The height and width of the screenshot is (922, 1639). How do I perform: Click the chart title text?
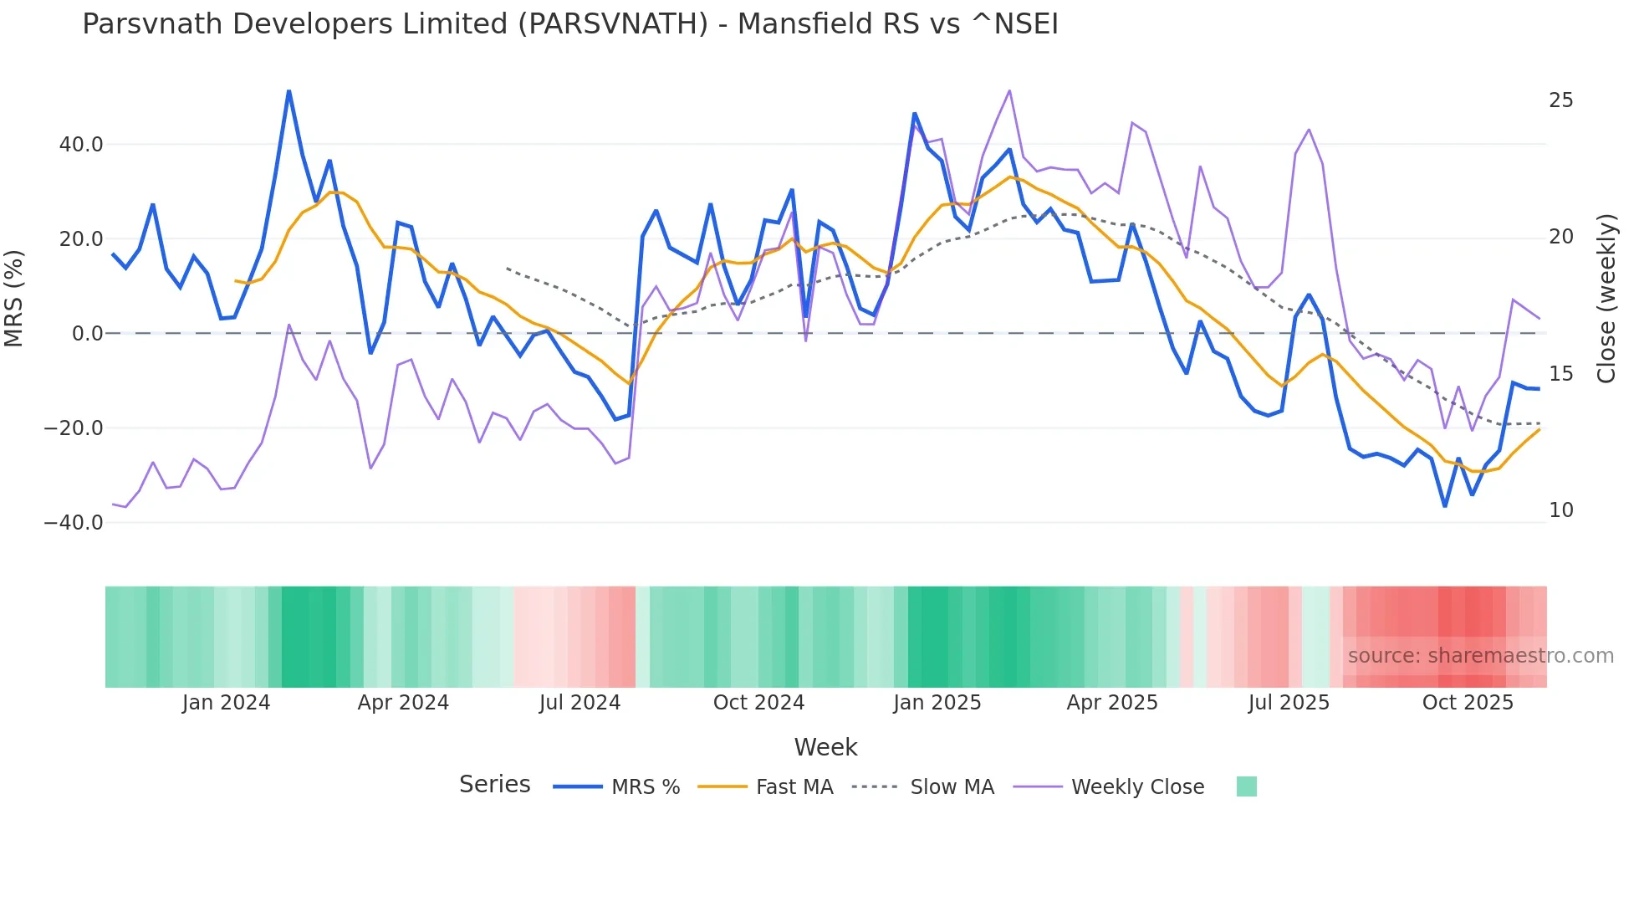[x=569, y=24]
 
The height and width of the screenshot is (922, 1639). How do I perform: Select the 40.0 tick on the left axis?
[x=81, y=145]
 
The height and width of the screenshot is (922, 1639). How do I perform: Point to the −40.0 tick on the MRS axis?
[x=74, y=523]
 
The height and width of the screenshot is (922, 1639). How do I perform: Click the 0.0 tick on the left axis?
[x=87, y=334]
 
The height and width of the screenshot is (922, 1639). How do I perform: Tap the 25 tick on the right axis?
[x=1560, y=100]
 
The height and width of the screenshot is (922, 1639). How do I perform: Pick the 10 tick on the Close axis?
[x=1560, y=510]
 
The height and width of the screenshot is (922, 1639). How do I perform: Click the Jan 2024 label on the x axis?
[x=226, y=703]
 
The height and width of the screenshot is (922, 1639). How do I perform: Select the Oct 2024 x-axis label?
[x=758, y=703]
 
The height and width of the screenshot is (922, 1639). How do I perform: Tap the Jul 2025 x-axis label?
[x=1289, y=703]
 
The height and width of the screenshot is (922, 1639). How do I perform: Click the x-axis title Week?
[x=825, y=747]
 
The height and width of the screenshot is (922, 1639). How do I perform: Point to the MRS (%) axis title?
[x=14, y=298]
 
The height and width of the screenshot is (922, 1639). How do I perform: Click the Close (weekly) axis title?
[x=1606, y=298]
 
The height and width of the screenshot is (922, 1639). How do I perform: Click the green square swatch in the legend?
[x=1246, y=786]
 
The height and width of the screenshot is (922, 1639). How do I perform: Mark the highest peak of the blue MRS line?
[x=288, y=91]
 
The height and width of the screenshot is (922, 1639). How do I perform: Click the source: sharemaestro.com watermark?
[x=1480, y=656]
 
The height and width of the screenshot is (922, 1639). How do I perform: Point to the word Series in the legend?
[x=494, y=785]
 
